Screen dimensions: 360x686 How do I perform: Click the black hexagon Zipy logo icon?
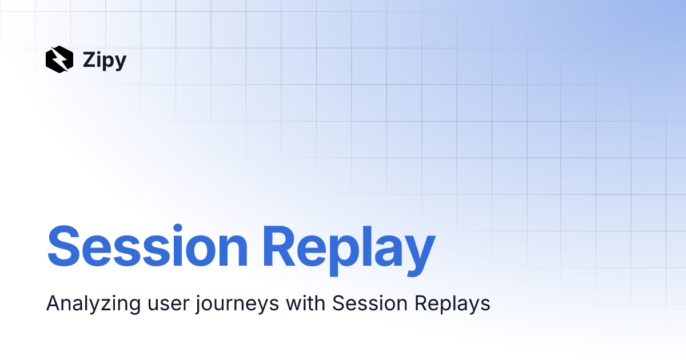coord(59,59)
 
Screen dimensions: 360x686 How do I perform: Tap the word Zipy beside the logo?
coord(104,60)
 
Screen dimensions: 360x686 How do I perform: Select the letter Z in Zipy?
coord(88,59)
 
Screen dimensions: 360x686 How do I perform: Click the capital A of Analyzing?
coord(53,303)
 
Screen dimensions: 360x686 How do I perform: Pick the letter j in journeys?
coord(197,305)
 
